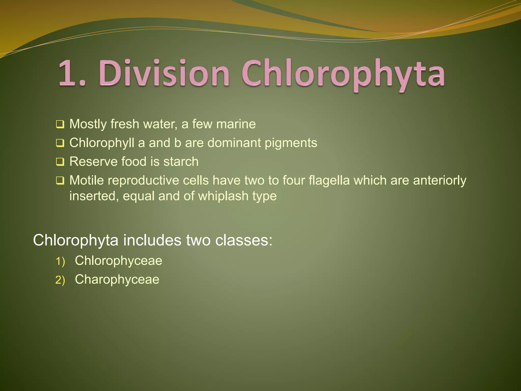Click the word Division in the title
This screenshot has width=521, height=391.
click(165, 73)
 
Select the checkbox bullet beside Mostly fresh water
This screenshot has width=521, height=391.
click(60, 124)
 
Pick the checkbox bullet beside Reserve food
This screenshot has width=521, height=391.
click(60, 162)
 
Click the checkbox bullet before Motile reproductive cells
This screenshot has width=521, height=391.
click(60, 181)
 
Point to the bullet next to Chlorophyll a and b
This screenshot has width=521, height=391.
click(60, 143)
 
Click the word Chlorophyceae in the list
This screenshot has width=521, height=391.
click(118, 261)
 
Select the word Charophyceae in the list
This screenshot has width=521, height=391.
click(117, 280)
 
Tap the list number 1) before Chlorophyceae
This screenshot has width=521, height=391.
click(60, 261)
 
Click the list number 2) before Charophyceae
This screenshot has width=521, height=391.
click(60, 280)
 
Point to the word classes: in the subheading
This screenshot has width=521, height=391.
click(244, 240)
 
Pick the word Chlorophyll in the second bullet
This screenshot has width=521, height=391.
click(102, 143)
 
